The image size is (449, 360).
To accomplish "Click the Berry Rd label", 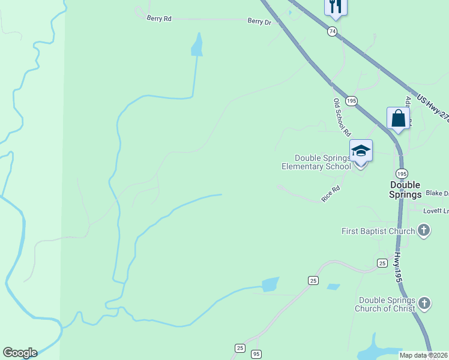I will pos(159,19).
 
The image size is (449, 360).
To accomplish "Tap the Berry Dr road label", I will pos(259,21).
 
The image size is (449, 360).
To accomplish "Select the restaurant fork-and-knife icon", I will pos(336,6).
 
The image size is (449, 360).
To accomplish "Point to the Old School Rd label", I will pos(342,117).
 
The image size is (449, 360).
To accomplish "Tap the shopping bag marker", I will pos(398,118).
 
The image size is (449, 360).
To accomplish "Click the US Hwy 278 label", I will pos(433,108).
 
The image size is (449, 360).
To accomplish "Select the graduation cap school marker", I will pos(361,151).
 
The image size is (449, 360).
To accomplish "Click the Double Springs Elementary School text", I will pos(316,162).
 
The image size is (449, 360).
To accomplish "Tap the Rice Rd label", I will pos(331,193).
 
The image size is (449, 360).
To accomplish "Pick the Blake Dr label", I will pos(437,193).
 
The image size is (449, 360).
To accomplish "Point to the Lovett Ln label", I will pos(436,211).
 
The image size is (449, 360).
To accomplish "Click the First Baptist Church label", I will pos(378,231).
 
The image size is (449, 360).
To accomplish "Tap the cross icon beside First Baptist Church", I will pos(424,230).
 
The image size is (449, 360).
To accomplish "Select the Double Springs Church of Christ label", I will pos(387,304).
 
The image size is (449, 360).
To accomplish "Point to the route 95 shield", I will pos(256,354).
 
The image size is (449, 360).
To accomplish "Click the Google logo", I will pos(20,353).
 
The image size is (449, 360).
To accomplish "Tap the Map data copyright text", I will pos(424,355).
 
